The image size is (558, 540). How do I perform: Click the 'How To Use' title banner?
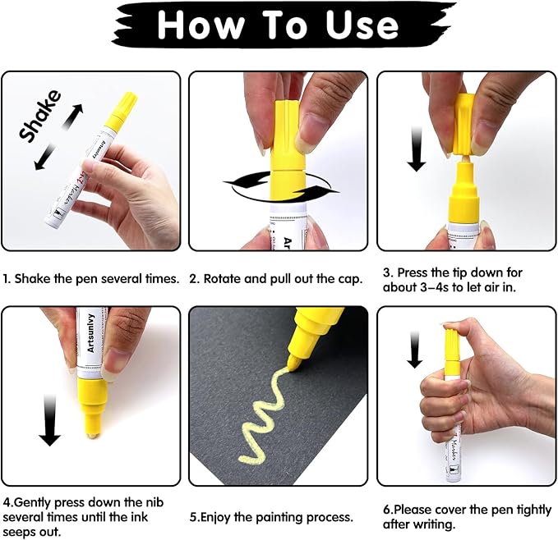(x=279, y=25)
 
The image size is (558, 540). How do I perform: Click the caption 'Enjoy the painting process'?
(x=271, y=518)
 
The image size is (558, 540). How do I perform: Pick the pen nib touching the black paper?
(x=293, y=359)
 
